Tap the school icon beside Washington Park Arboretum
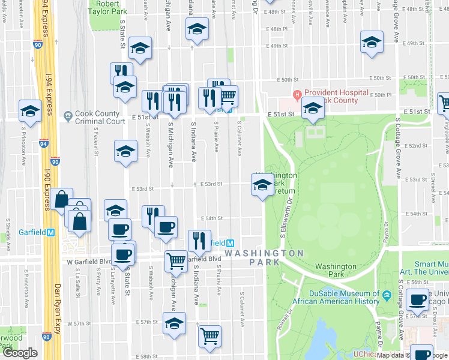(262, 188)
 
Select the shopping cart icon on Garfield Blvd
(176, 260)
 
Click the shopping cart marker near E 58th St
(209, 335)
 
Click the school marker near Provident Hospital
(312, 109)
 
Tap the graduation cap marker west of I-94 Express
(29, 110)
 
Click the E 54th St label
(211, 219)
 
